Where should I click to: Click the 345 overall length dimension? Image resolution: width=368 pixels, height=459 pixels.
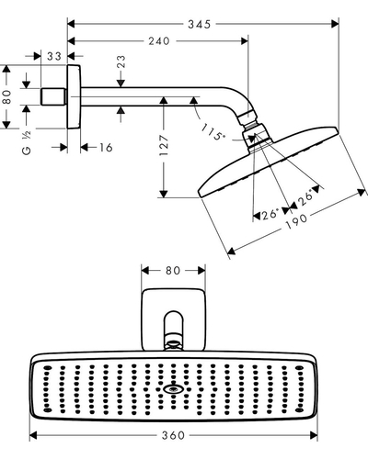point(200,24)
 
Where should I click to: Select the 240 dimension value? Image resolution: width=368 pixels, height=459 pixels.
point(159,41)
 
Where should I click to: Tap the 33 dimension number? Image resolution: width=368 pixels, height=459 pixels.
point(54,56)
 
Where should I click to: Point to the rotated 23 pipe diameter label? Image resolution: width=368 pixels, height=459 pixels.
point(121,62)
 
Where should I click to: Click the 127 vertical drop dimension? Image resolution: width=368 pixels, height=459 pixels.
point(164,145)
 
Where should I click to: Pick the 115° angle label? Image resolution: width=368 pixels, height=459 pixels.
point(213,132)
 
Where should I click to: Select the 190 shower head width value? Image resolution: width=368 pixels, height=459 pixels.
point(296,221)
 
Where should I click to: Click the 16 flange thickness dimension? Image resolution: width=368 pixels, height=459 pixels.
point(106,148)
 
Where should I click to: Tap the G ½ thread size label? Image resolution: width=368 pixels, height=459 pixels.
point(27,143)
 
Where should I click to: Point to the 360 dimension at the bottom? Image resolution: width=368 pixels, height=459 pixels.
point(173,435)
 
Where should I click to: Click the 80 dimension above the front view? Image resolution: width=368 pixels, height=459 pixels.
point(173,271)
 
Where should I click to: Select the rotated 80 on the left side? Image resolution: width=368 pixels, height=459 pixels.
point(7,97)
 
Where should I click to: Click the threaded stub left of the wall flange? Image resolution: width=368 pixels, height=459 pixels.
point(53,96)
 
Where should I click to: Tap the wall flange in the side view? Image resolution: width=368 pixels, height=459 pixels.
point(74,96)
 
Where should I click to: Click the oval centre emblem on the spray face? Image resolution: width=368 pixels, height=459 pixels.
point(173,389)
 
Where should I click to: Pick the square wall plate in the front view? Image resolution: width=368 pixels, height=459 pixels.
point(173,319)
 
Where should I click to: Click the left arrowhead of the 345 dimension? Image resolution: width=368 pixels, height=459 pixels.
point(71,24)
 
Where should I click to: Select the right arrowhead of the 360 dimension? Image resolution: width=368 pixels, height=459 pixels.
point(314,435)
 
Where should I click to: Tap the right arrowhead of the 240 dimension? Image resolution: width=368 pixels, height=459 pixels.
point(245,41)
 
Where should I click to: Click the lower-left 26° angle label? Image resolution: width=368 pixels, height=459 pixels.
point(270,214)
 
